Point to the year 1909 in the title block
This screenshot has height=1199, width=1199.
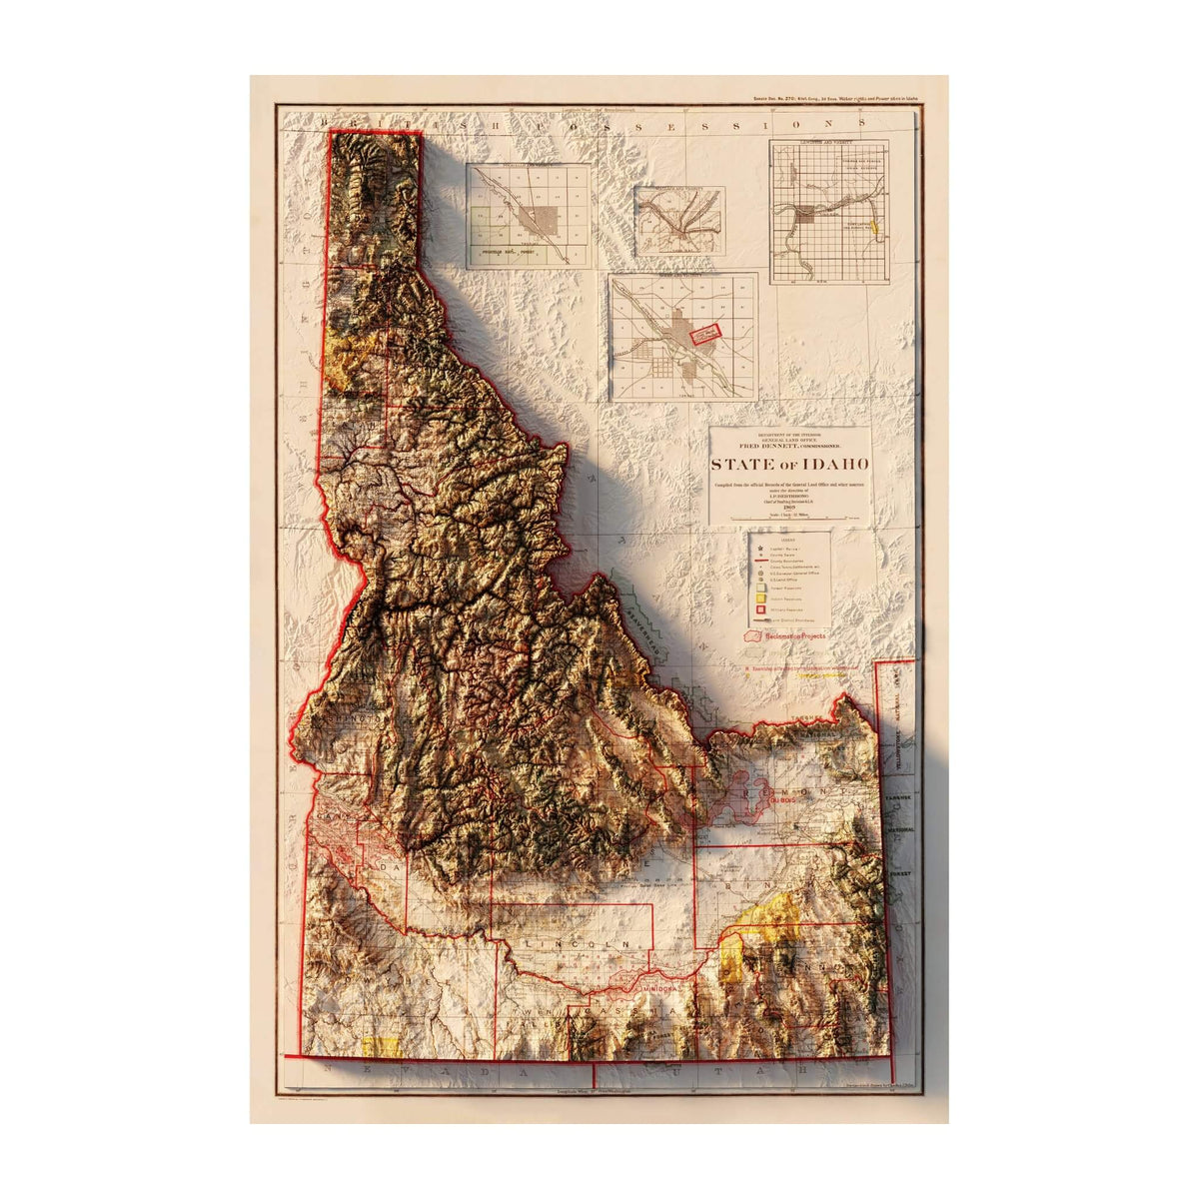pyautogui.click(x=790, y=509)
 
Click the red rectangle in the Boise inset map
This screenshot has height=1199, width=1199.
pyautogui.click(x=705, y=334)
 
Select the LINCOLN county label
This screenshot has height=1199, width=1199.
pyautogui.click(x=580, y=944)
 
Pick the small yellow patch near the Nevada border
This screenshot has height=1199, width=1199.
pyautogui.click(x=381, y=1046)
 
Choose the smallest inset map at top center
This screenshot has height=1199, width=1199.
pyautogui.click(x=679, y=220)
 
